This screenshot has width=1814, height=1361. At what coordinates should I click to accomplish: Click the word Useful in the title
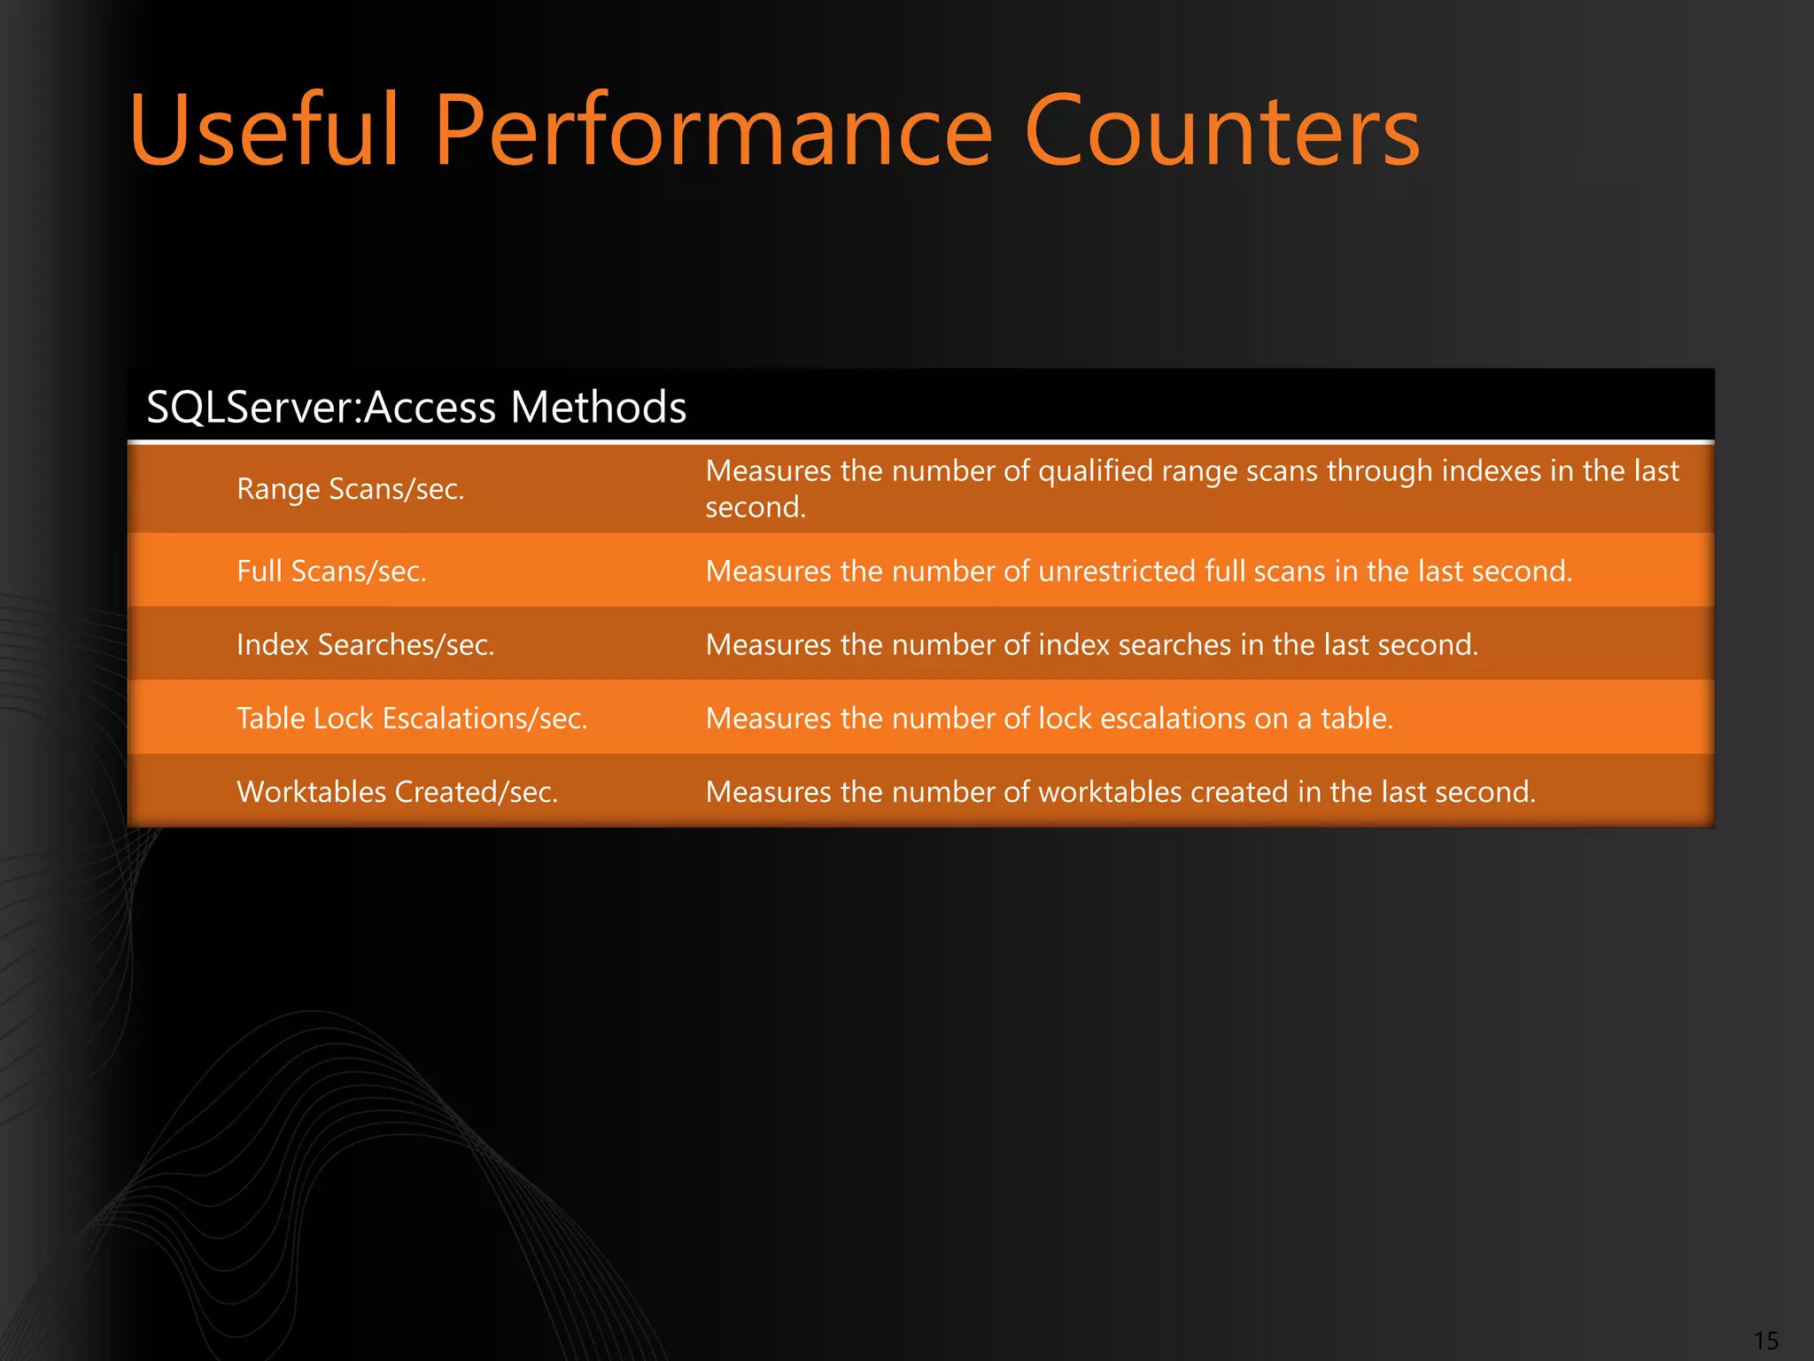coord(264,131)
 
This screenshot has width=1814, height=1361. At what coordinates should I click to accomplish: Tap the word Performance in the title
coord(714,131)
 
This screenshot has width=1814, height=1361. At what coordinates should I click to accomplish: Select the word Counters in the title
coord(1222,131)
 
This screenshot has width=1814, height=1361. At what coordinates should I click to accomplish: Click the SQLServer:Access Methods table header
coord(416,408)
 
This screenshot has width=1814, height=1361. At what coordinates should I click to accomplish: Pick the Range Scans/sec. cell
coord(351,489)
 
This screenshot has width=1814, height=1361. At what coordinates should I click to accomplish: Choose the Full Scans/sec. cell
coord(331,572)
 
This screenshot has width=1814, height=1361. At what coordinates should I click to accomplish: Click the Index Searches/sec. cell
coord(365,645)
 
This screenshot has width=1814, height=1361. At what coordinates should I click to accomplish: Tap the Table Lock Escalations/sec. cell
coord(412,719)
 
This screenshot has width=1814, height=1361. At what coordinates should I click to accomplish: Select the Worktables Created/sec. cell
coord(397,792)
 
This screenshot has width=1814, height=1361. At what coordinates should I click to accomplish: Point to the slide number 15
coord(1765,1340)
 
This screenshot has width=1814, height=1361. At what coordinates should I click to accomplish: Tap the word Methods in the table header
coord(598,408)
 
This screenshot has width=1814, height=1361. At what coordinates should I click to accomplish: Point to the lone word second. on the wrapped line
coord(756,508)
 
